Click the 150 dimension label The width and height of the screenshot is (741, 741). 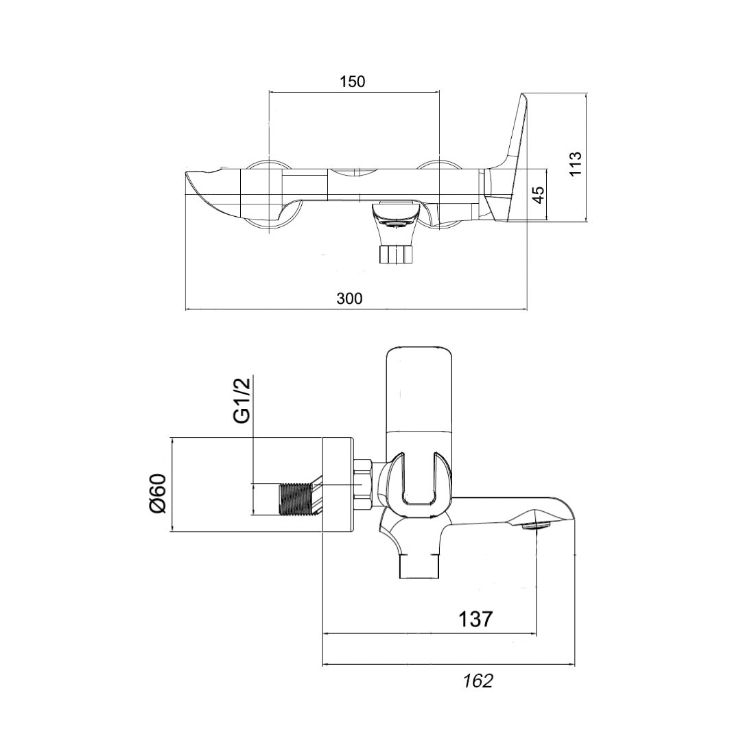(353, 82)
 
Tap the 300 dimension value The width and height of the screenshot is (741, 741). (350, 298)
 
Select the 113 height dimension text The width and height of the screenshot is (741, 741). (575, 164)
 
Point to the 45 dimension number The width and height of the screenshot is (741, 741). (539, 194)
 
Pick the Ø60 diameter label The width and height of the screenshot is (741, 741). (158, 494)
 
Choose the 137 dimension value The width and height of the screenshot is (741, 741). (475, 619)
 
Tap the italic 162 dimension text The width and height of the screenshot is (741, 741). (478, 681)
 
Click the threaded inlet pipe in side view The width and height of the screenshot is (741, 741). (295, 499)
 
